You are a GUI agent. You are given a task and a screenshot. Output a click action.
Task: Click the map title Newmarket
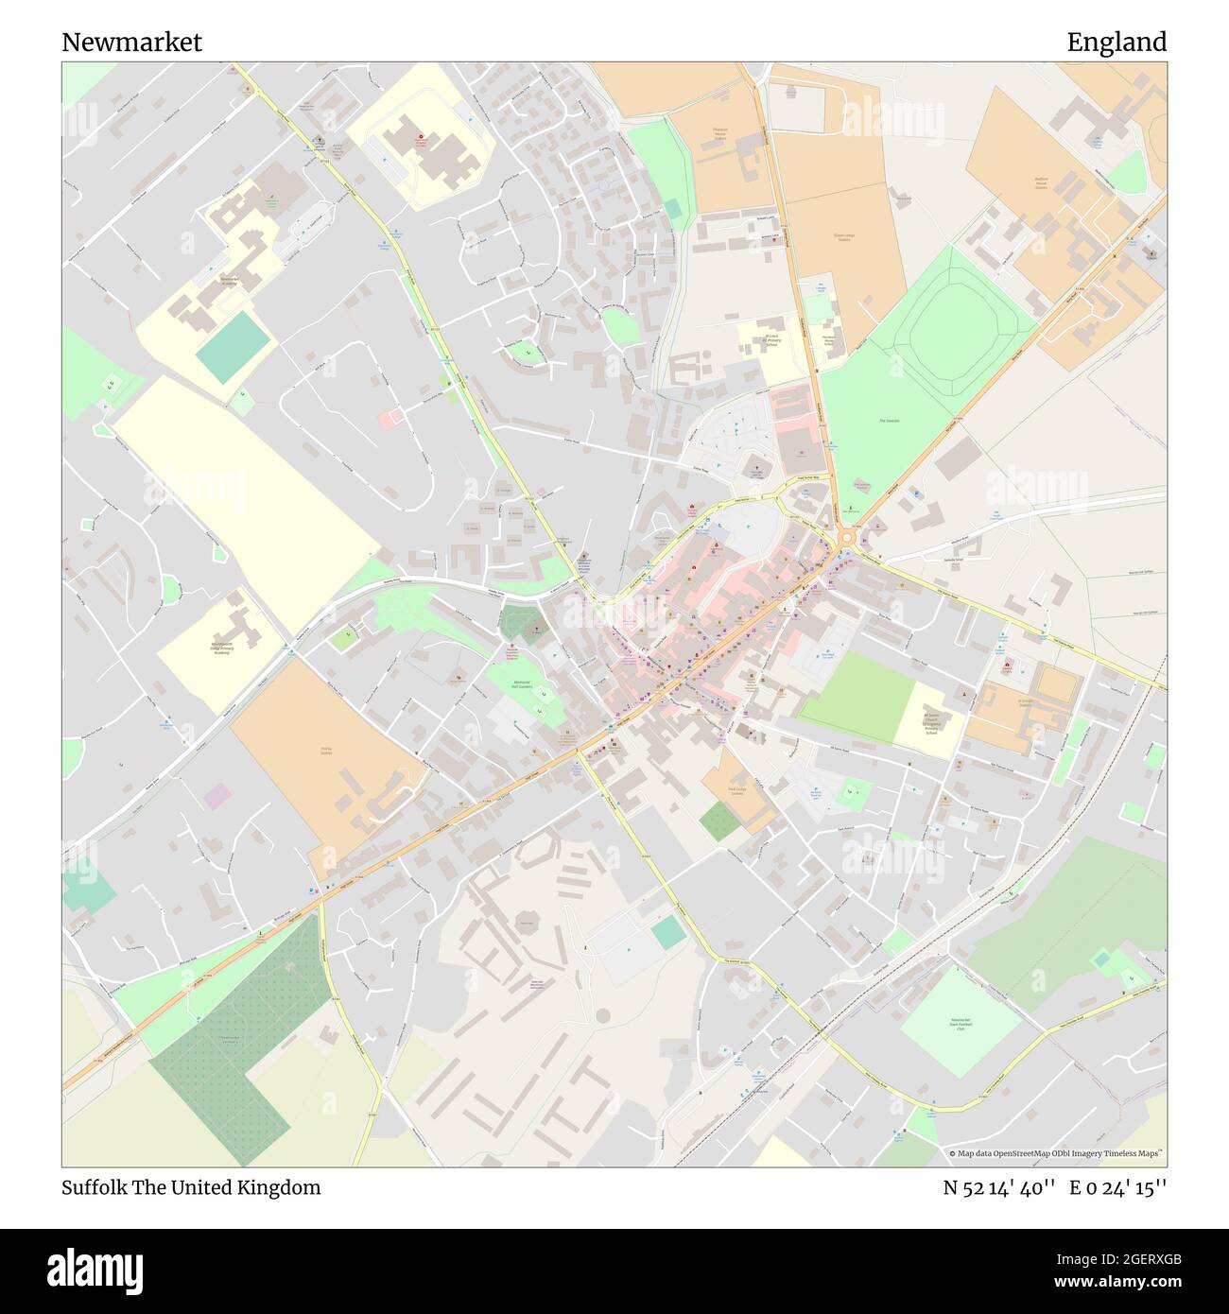pos(131,43)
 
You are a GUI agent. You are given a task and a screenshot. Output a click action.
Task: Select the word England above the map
pos(1116,43)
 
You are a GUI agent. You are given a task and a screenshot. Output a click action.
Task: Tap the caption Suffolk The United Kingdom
pos(191,1187)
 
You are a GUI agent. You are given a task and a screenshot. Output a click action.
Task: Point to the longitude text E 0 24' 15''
pos(1117,1187)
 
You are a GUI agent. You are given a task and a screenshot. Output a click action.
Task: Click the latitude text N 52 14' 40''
pos(998,1187)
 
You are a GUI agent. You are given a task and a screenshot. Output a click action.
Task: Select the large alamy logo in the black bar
pos(95,1270)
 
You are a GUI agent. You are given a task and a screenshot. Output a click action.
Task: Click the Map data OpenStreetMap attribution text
pos(1057,1153)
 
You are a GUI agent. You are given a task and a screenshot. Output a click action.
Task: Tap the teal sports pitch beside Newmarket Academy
pos(233,347)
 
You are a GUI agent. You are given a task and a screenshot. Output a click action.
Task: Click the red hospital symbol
pos(419,140)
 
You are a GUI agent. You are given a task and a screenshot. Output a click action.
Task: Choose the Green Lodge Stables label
pos(843,236)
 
